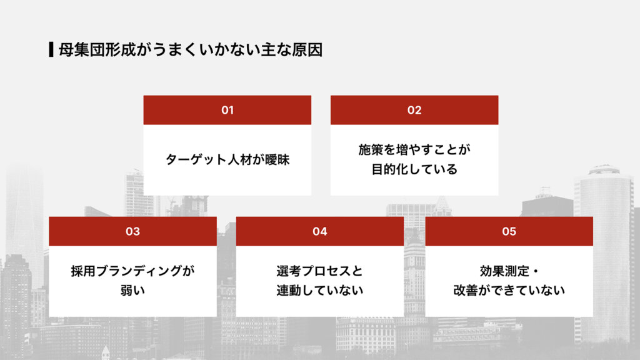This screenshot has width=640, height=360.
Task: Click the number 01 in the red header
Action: [x=227, y=110]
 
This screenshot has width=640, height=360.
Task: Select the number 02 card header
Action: [x=414, y=110]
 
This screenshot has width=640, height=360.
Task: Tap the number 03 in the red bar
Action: [x=132, y=231]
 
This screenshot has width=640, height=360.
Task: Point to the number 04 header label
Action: [x=319, y=231]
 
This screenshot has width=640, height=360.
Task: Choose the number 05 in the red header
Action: [x=509, y=231]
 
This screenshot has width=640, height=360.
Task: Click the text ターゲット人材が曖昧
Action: [x=227, y=159]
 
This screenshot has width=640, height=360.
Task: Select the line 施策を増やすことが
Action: [x=414, y=150]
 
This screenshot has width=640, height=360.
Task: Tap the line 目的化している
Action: [x=414, y=169]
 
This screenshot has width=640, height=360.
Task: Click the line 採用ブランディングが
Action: [x=132, y=271]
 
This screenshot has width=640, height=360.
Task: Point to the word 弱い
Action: [x=132, y=291]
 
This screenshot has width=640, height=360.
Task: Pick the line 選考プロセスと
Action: [x=319, y=271]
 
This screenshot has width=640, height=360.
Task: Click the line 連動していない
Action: [x=319, y=291]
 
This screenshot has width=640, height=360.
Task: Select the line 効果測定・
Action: [x=509, y=271]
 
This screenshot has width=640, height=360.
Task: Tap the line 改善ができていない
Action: [x=509, y=291]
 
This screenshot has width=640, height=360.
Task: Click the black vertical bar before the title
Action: [x=51, y=49]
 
